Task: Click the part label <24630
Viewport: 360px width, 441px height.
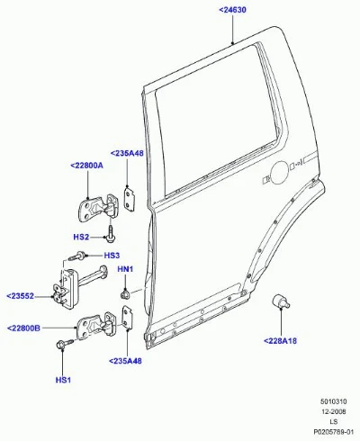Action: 232,10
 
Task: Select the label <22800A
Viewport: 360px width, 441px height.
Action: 86,165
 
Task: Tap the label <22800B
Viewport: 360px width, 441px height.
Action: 23,328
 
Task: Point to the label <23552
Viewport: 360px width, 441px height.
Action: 20,296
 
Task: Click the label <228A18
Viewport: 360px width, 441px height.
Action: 280,341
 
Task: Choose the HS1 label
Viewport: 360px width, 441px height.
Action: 63,380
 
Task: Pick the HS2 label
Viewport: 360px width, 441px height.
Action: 81,237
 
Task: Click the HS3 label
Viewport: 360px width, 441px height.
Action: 112,256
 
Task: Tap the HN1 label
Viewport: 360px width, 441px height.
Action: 125,269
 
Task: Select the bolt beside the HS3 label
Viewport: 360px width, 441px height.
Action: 77,256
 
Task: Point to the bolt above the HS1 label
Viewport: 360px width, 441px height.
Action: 64,343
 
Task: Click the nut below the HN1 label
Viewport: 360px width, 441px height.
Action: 124,293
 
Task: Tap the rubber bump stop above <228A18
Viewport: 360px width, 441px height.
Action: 280,301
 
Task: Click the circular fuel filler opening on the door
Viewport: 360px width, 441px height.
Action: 280,172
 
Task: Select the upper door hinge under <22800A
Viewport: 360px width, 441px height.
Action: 97,208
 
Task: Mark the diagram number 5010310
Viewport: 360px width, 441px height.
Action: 333,401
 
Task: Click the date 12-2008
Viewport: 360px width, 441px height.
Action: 334,411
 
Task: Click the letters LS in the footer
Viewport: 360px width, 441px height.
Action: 334,421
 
